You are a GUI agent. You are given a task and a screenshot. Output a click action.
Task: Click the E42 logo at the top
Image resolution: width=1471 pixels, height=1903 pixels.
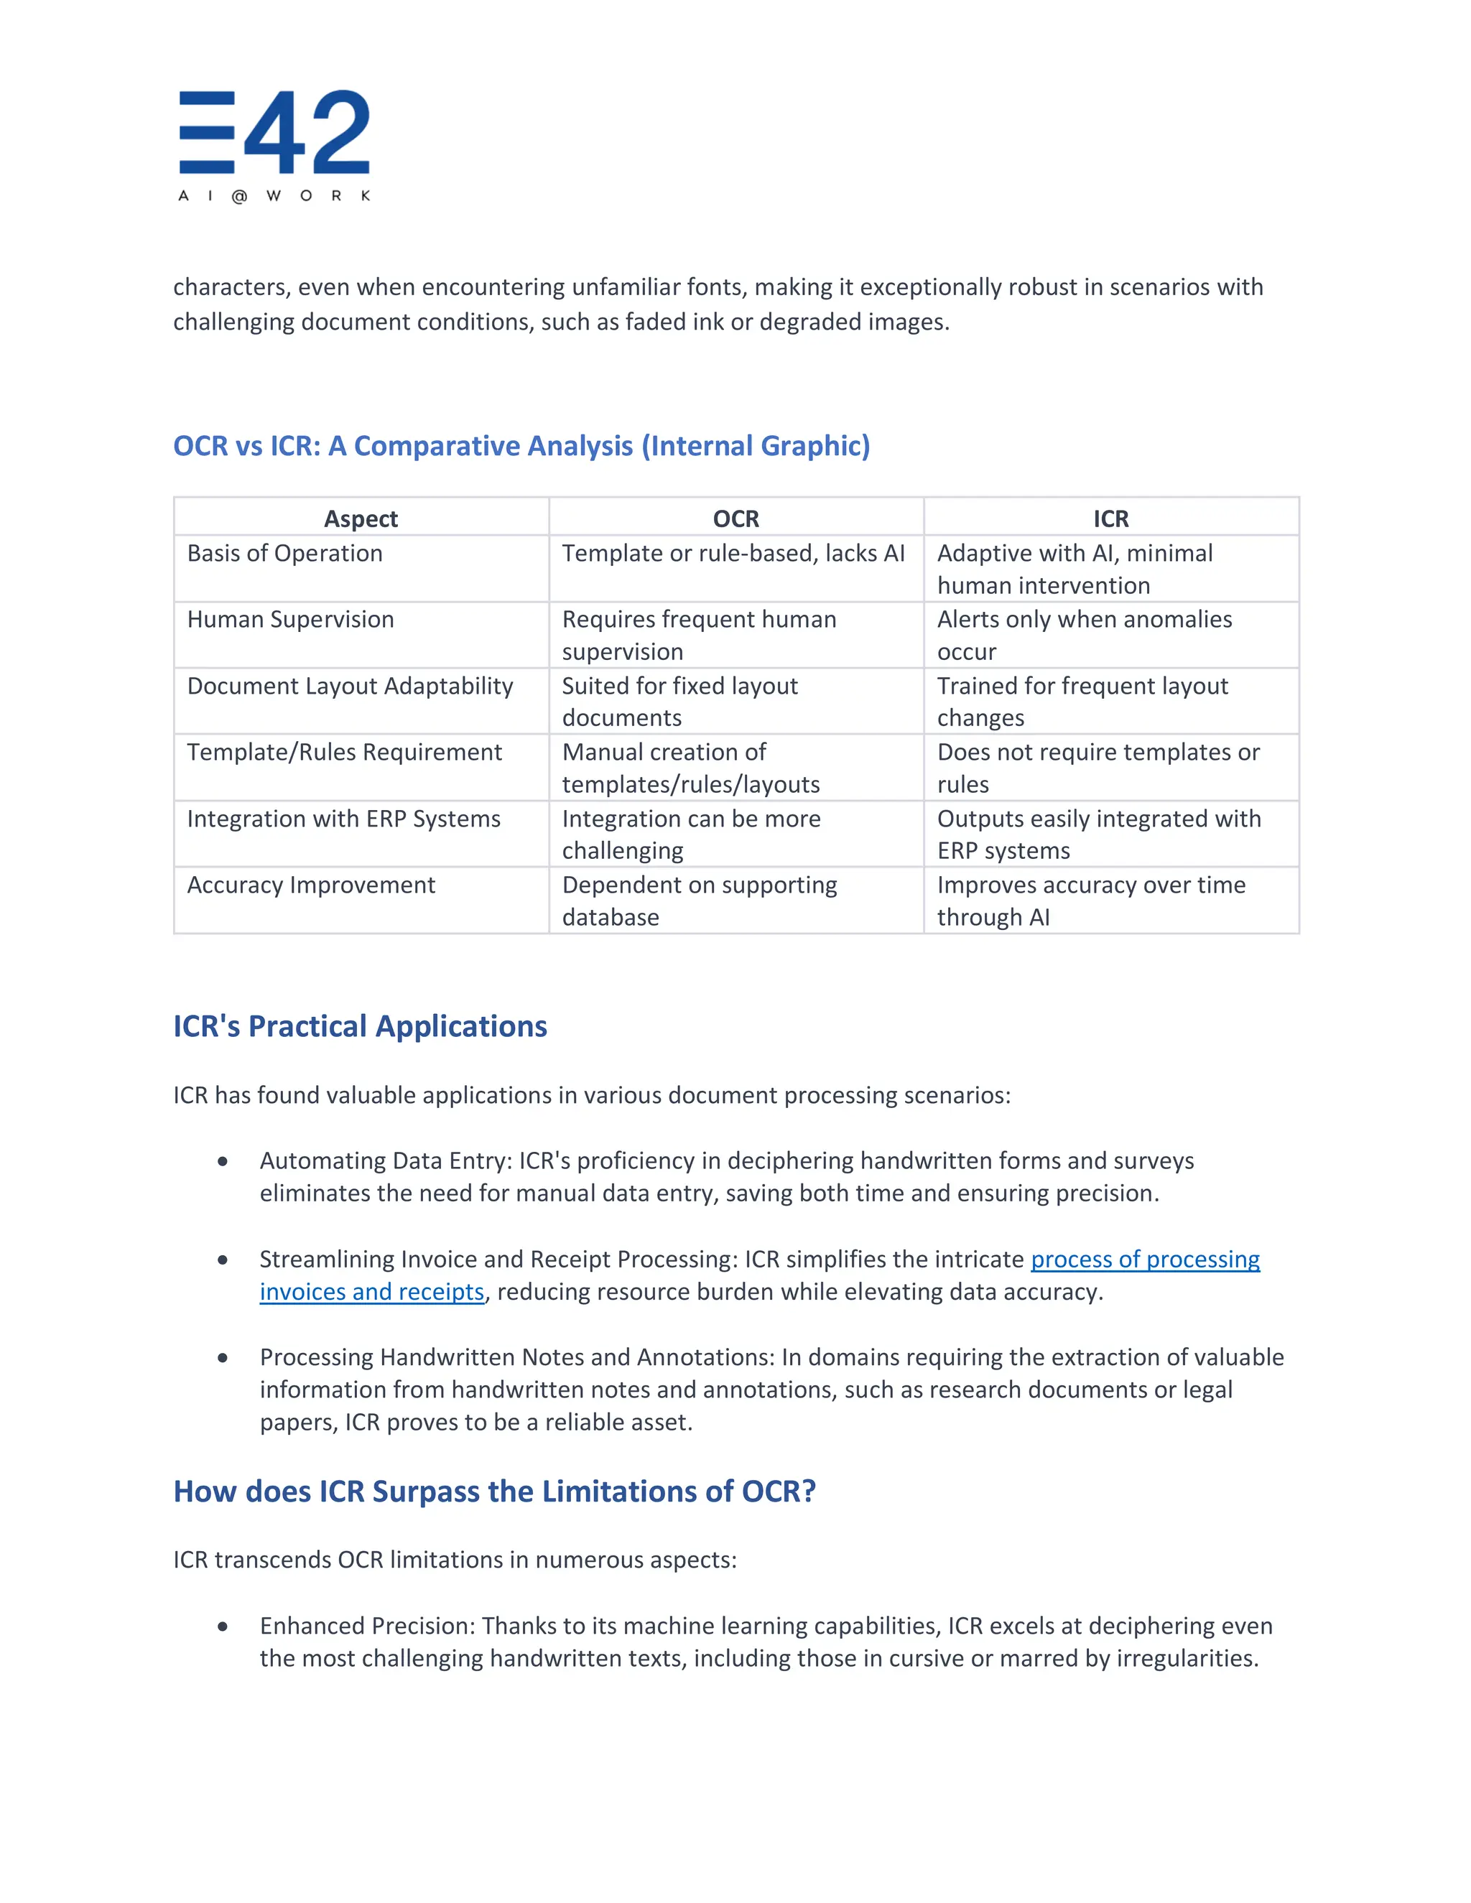tap(274, 132)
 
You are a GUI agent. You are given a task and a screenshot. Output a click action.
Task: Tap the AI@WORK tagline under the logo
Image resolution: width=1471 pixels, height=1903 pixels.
tap(274, 196)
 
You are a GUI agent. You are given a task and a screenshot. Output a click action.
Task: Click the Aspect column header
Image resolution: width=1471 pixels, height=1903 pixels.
tap(361, 518)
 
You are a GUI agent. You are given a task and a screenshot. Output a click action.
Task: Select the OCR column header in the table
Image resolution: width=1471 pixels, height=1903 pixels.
tap(735, 518)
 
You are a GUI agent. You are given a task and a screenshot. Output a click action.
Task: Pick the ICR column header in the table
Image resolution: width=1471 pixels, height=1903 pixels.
tap(1110, 518)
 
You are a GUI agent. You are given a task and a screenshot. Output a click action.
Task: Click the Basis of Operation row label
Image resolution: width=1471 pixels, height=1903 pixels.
tap(285, 553)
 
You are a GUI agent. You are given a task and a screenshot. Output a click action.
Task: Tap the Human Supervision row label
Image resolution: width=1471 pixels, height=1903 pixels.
tap(290, 620)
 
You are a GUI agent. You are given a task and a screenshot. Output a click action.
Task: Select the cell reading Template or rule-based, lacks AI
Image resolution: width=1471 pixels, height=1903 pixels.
tap(733, 553)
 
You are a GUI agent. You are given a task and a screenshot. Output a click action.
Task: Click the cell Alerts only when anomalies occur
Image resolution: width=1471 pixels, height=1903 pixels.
tap(1084, 636)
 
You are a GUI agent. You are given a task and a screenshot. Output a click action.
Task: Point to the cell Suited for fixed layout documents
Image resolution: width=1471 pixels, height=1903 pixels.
tap(679, 702)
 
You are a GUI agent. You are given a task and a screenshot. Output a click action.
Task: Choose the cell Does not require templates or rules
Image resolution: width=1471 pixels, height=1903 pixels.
tap(1098, 768)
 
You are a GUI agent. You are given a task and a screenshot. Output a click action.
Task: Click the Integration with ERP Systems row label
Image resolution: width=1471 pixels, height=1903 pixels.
tap(343, 819)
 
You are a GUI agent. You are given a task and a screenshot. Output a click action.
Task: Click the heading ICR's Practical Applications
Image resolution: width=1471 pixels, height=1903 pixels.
tap(360, 1026)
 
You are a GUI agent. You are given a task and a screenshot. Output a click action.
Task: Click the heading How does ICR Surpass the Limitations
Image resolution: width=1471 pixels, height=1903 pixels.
tap(494, 1492)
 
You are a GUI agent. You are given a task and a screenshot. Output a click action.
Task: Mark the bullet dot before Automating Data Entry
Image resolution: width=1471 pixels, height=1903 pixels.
tap(223, 1161)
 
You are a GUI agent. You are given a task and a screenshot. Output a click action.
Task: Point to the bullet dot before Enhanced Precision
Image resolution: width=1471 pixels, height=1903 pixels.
tap(223, 1626)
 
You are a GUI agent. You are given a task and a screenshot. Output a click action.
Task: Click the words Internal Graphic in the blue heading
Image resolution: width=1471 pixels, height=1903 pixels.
tap(756, 446)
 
